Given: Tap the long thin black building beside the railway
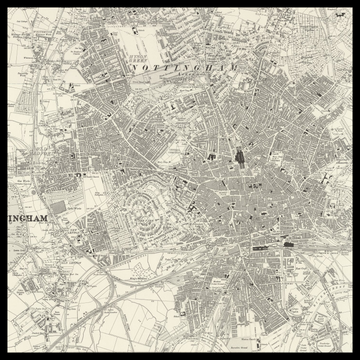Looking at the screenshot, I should pos(266,242).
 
